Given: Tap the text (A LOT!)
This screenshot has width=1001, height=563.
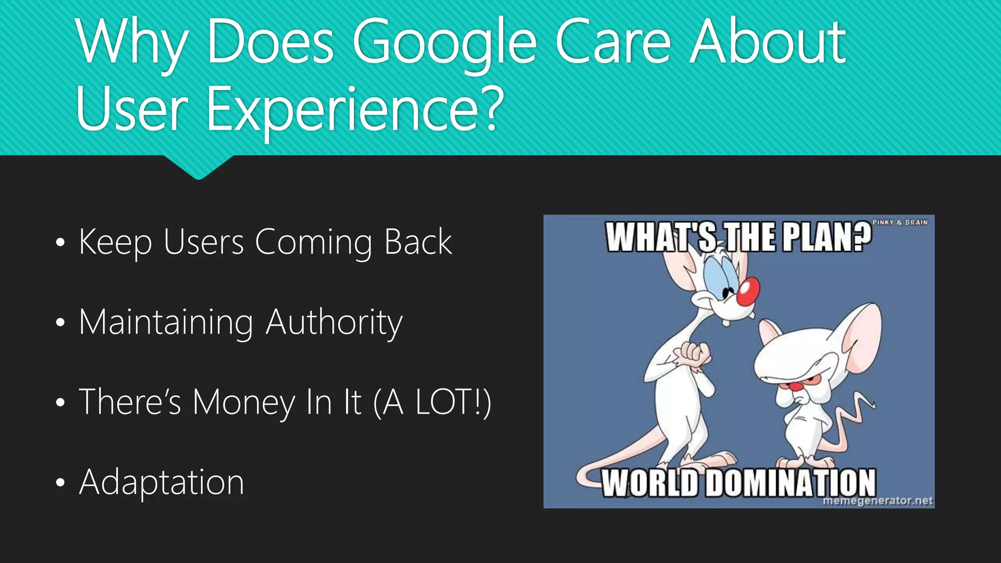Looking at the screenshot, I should [x=432, y=402].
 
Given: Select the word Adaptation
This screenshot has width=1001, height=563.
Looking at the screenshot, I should [x=161, y=482].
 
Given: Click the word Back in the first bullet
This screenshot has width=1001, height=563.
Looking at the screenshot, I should [x=418, y=242].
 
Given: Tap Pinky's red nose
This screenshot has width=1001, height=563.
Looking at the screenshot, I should [x=748, y=292].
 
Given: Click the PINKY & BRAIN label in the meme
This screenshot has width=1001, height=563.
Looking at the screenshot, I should [x=900, y=222].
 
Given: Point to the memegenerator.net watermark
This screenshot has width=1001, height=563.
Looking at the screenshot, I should [x=877, y=501].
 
